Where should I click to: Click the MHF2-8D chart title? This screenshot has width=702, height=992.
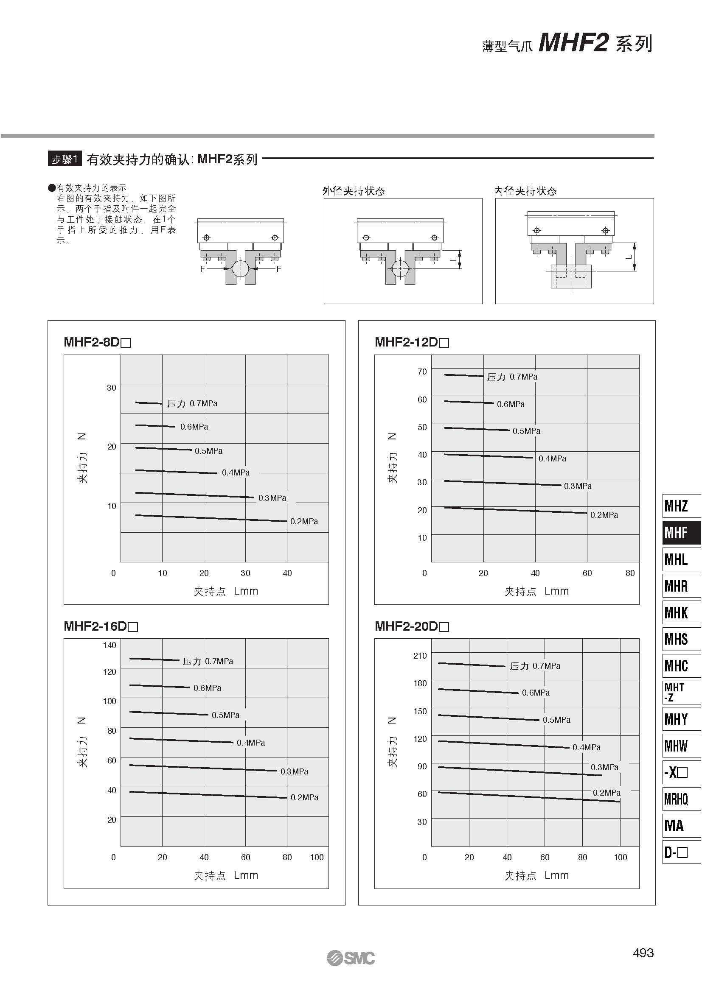click(x=97, y=342)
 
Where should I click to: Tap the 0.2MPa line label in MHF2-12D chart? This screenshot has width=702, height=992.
click(x=604, y=515)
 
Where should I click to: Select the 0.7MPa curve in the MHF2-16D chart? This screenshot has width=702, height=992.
click(x=154, y=659)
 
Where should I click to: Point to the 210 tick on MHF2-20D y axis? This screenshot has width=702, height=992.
click(x=420, y=655)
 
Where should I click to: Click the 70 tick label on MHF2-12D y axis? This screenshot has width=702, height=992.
click(x=422, y=372)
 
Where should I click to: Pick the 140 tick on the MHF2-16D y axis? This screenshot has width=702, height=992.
click(x=110, y=645)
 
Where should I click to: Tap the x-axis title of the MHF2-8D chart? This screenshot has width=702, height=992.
click(x=226, y=591)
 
